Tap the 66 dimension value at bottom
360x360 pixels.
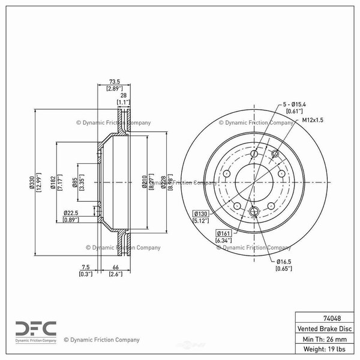[115, 268]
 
